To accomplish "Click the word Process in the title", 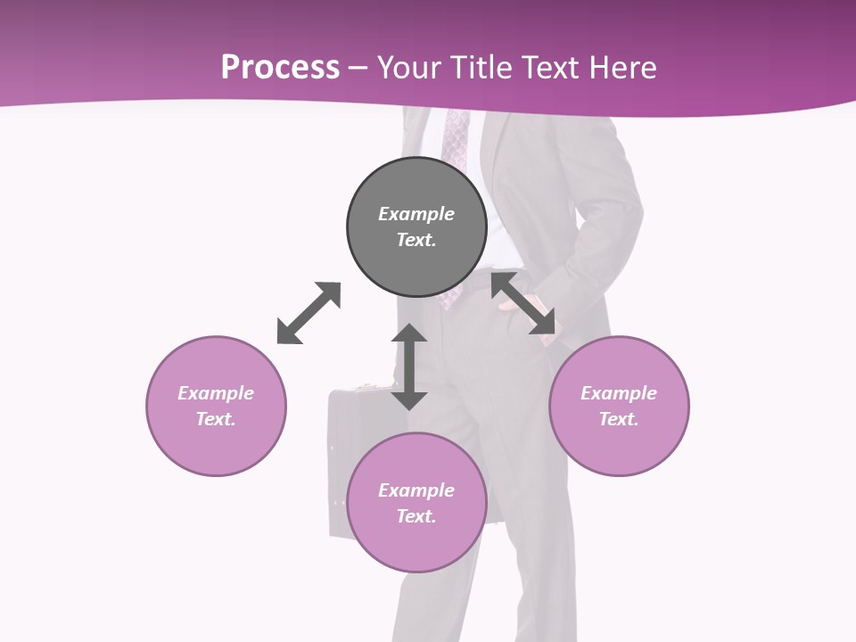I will pos(280,68).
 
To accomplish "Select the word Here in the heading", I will pos(623,68).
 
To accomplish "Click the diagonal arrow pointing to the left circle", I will pos(309,313).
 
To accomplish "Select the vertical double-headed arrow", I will pos(409,366).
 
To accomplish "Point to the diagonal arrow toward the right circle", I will pos(523,304).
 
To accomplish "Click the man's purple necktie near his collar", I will pos(456,138).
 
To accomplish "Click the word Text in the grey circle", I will pos(416,240).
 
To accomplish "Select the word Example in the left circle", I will pos(216,393).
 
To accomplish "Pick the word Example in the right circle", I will pos(619,393).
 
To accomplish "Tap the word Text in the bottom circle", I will pos(416,516).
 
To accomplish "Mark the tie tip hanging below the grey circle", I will pos(450,300).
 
